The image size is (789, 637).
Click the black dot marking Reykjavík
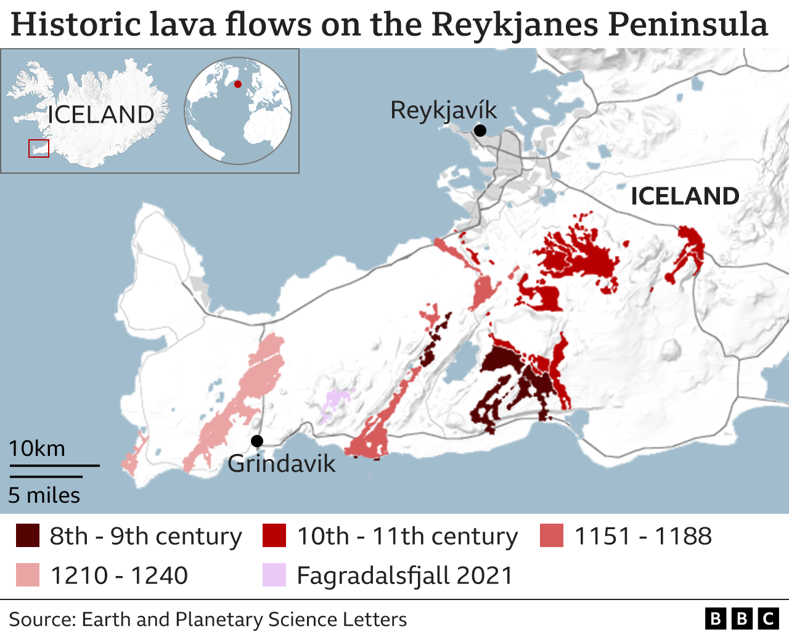(480, 131)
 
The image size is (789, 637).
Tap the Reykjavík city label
(443, 111)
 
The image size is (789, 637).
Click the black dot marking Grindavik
(257, 441)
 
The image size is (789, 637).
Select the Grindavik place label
(281, 464)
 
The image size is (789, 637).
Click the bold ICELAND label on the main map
(685, 197)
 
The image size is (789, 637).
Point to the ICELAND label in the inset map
(100, 115)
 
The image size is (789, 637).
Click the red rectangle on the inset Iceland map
(39, 148)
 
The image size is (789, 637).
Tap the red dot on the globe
(238, 84)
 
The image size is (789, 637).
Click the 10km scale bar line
(54, 466)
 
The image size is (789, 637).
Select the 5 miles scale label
(44, 495)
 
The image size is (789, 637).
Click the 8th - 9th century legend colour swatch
(28, 536)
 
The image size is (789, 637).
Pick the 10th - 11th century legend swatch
(274, 536)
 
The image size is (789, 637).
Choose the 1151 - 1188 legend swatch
(552, 536)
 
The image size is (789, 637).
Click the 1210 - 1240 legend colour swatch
(28, 575)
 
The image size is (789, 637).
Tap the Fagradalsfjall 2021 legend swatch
(274, 575)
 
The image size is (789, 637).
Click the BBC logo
(742, 619)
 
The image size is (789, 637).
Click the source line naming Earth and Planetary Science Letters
(208, 619)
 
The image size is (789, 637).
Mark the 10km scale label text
(37, 448)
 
